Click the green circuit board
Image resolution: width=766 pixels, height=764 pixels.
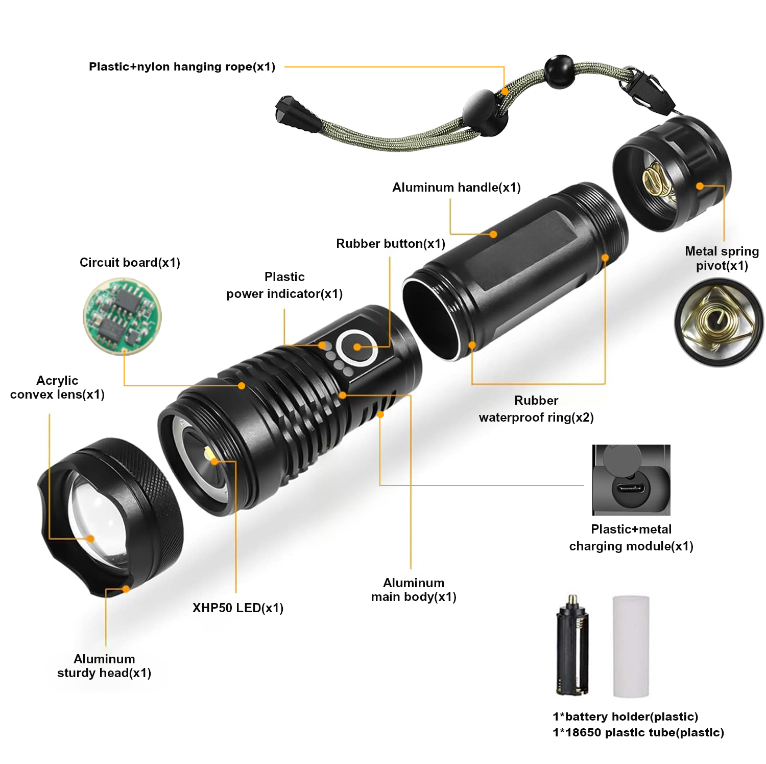[x=122, y=316]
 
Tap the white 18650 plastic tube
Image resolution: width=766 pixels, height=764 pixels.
[x=631, y=646]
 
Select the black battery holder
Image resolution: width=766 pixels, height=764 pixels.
[x=572, y=645]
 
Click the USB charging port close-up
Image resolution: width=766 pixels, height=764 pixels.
[x=631, y=480]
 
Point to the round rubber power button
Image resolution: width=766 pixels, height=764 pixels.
[x=356, y=347]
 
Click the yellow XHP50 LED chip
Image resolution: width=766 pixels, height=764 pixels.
[x=211, y=454]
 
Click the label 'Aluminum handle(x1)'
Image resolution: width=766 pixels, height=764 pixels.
[x=457, y=188]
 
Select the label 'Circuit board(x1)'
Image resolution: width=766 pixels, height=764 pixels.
[x=130, y=263]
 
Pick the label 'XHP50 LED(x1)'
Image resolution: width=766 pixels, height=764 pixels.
[x=238, y=608]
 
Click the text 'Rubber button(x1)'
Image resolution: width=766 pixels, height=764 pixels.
[x=391, y=244]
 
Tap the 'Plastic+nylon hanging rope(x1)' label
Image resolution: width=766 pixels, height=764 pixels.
[x=182, y=67]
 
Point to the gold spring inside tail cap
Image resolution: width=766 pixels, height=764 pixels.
[x=658, y=181]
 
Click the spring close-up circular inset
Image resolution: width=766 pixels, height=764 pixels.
[x=719, y=322]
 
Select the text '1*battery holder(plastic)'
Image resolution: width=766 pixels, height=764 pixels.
[x=626, y=716]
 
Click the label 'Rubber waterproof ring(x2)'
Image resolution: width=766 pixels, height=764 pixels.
[x=536, y=409]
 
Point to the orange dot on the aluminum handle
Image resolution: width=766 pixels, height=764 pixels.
[x=493, y=234]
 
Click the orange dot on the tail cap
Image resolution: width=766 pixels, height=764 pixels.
[x=700, y=186]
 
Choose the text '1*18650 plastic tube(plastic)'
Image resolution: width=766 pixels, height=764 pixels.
[x=638, y=732]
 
